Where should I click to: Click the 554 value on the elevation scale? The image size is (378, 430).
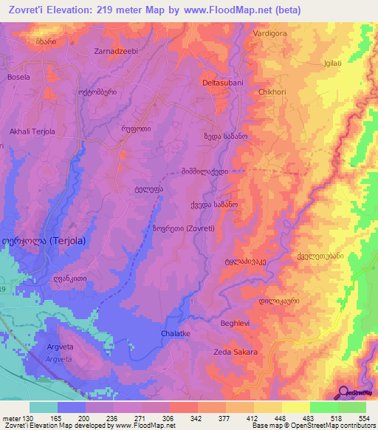tap(362, 417)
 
